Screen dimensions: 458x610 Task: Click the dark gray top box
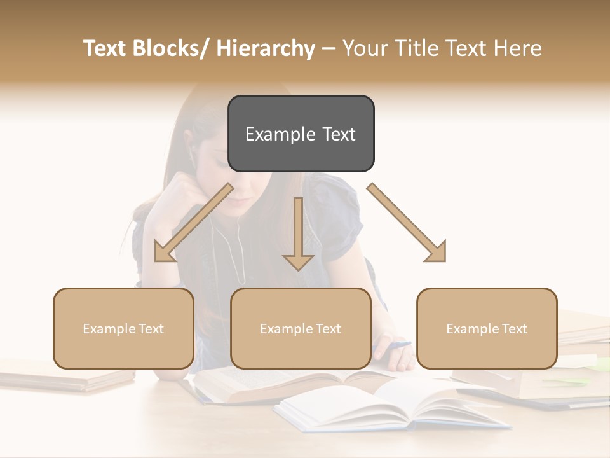301,134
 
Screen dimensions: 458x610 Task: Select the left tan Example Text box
123,328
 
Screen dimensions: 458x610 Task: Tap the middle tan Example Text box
301,328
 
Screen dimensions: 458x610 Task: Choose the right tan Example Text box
487,328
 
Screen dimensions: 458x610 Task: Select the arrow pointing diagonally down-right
407,223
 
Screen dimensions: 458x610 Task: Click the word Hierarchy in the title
266,48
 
